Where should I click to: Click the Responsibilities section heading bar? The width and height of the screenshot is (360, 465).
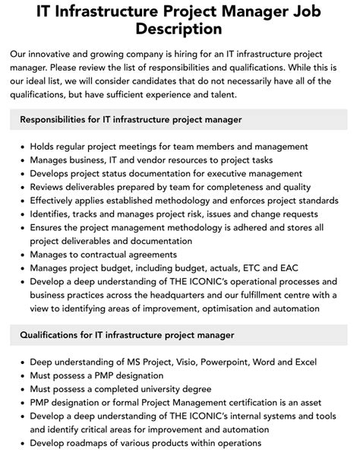(x=179, y=119)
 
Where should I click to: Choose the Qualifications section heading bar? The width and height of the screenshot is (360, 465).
(x=179, y=334)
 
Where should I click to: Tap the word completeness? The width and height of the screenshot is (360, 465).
(x=229, y=188)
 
